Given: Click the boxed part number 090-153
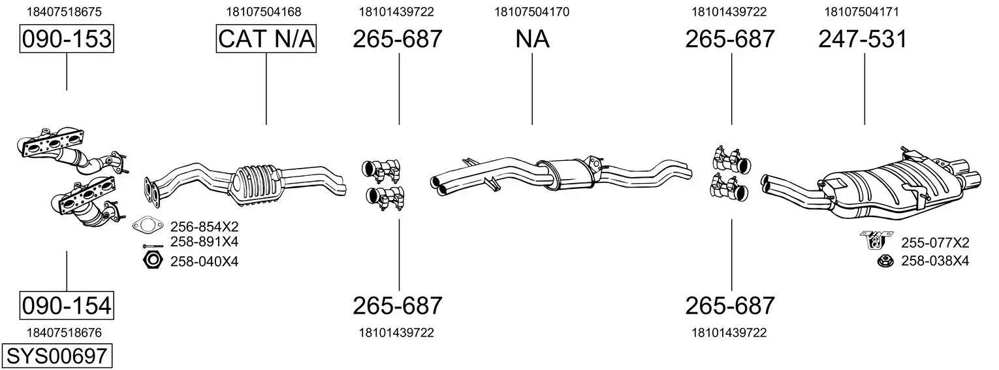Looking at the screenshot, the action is point(67,39).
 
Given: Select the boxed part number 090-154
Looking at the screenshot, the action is point(67,306).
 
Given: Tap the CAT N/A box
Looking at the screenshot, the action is point(266,39).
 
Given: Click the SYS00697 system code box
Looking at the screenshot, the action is point(57,356).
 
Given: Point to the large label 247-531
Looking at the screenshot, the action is point(863,39).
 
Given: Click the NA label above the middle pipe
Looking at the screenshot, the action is point(532,39).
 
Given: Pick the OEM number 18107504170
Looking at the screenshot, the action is point(531,12).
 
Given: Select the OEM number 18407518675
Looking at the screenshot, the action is point(64,12).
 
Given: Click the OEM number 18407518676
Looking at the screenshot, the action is point(64,333).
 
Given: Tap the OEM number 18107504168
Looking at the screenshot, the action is point(264,12).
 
